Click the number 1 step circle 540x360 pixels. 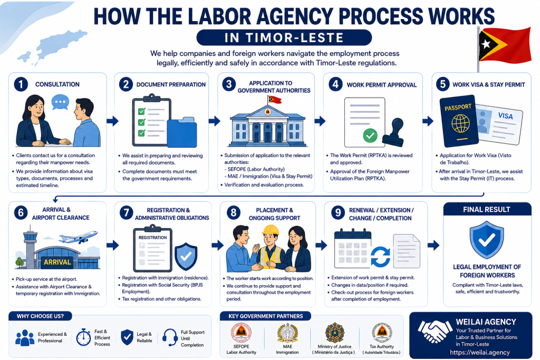(21, 84)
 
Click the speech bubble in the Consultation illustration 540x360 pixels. (60, 103)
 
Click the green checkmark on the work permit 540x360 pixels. (370, 135)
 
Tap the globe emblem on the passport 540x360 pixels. (460, 123)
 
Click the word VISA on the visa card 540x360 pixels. (505, 116)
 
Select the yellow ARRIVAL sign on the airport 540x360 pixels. (57, 262)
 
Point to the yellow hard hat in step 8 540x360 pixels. (271, 230)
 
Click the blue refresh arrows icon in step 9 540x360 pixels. (381, 256)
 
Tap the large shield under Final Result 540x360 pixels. (487, 239)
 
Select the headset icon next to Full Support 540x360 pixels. (170, 337)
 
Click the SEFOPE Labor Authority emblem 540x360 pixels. (241, 333)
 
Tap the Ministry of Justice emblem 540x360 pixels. (334, 333)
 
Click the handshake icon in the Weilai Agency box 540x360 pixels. (435, 330)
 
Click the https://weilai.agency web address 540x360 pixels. (480, 353)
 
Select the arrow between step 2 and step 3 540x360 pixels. (214, 121)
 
